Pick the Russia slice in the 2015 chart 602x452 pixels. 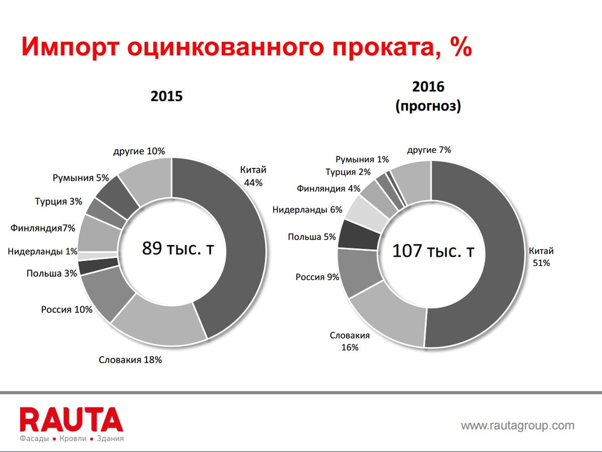tap(107, 296)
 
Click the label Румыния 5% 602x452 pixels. tap(81, 178)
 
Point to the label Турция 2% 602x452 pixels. tap(348, 172)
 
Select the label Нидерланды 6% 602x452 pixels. tap(307, 210)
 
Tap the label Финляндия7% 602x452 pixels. tap(43, 228)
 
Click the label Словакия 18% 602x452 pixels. tap(130, 360)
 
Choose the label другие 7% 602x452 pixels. tap(429, 150)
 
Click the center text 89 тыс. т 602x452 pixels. tap(178, 249)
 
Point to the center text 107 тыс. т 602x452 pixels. tap(433, 251)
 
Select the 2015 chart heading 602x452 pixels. tap(167, 96)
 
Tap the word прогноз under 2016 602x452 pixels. tap(428, 106)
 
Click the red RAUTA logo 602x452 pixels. tap(71, 419)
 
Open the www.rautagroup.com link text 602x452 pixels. tap(518, 426)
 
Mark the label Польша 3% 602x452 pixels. tap(52, 274)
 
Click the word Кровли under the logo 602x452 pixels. tap(73, 438)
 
